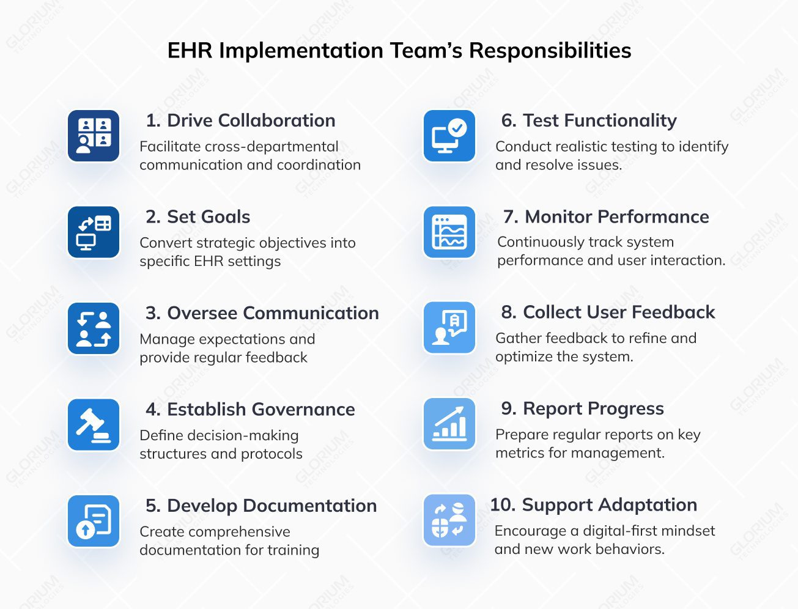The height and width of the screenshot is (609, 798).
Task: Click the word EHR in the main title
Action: point(190,50)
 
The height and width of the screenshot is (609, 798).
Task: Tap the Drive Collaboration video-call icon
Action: point(94,136)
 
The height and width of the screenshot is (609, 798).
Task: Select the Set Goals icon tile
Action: point(94,232)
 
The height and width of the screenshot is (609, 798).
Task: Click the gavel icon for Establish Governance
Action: point(94,425)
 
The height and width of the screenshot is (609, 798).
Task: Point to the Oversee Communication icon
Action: point(94,328)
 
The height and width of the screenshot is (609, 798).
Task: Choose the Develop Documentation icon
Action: point(94,521)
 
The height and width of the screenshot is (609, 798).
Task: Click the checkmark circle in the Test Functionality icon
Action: point(457,128)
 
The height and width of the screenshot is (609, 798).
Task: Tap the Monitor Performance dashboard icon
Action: point(449,232)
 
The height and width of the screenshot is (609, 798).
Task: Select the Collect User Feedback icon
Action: point(449,328)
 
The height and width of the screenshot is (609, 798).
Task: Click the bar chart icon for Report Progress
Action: point(449,424)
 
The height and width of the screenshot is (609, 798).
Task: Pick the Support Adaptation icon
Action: point(449,520)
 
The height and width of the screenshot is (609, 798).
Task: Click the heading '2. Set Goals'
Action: point(198,217)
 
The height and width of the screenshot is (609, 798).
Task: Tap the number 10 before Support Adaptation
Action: point(503,504)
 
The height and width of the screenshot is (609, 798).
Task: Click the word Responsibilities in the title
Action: point(550,51)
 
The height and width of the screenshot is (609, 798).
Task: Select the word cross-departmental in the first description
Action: point(272,147)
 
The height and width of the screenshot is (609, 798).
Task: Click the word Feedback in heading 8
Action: point(674,312)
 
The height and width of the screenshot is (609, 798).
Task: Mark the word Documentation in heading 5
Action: point(310,506)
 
